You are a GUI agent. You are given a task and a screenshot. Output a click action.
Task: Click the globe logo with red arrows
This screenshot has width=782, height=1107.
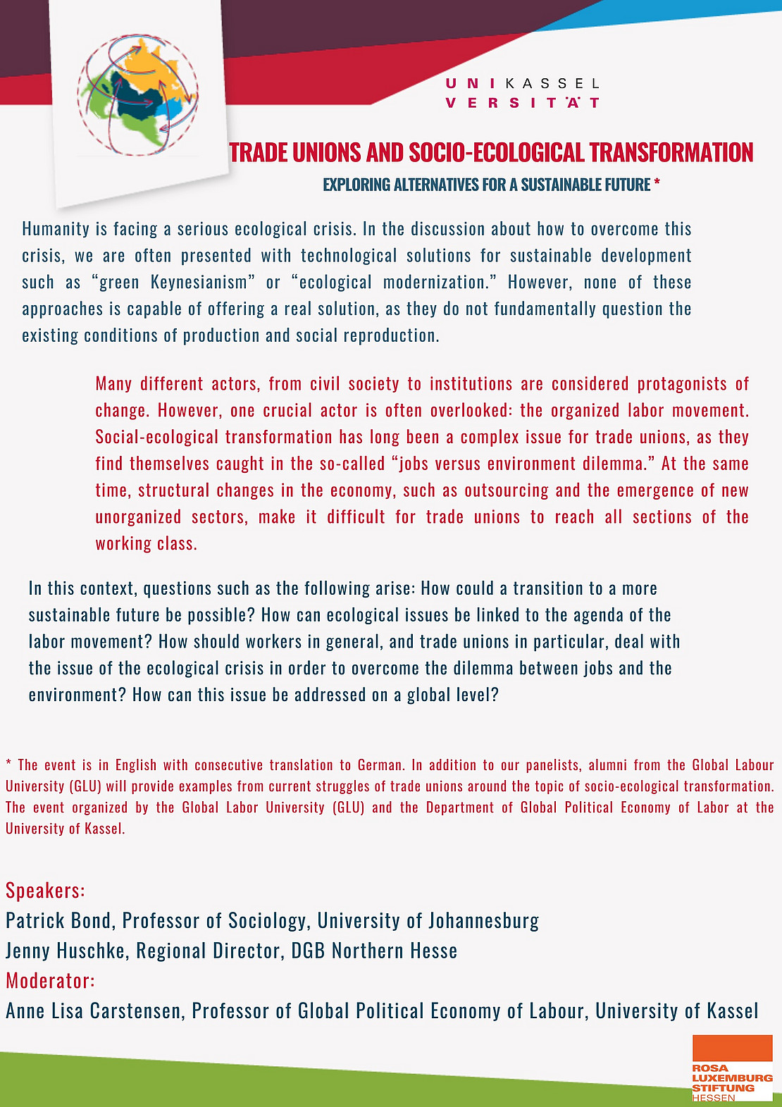139,94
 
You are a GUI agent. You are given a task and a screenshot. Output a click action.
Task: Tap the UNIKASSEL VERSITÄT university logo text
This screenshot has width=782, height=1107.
523,93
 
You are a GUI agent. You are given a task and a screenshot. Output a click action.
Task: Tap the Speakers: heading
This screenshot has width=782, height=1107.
45,891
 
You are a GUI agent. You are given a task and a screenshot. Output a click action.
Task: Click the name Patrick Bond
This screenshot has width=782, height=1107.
58,921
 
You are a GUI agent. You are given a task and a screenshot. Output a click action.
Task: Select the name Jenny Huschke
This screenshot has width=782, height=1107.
66,951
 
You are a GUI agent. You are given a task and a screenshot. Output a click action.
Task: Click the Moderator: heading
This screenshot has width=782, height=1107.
50,981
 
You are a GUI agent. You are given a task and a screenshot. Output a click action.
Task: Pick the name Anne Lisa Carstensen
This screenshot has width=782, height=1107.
94,1011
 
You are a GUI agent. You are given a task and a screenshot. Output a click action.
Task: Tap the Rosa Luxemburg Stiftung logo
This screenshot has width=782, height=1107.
732,1068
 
